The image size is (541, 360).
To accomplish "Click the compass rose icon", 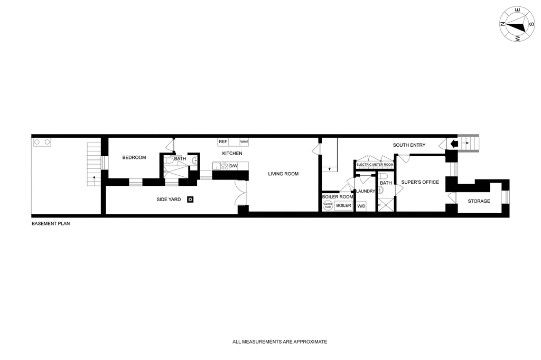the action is point(517,24).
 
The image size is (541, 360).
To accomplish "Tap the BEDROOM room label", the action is point(134,158).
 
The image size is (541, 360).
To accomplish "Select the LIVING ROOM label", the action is point(283,174).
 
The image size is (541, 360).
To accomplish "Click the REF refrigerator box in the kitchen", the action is point(223,141).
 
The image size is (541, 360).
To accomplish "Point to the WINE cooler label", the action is point(244,141).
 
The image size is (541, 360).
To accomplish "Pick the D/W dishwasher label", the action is point(234,166).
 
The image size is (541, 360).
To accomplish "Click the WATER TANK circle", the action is point(328,206).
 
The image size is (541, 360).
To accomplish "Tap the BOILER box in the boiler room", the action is point(343,205).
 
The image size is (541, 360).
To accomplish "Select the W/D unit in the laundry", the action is point(361,206).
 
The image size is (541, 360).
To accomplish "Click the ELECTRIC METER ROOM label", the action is point(375,165).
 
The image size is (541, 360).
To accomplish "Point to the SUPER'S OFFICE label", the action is point(420,182).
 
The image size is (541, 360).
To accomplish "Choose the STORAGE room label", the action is point(479,201).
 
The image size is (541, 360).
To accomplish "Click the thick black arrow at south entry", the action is point(454,144).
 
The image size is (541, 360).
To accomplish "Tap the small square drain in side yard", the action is point(190,200).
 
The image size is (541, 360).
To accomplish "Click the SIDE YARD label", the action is point(169,200).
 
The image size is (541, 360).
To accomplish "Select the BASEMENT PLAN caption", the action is point(51,223).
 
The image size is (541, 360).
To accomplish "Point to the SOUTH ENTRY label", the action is point(409,145).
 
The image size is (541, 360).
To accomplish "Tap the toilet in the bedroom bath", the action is point(169,161).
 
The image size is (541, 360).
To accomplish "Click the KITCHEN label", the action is point(232,154).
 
